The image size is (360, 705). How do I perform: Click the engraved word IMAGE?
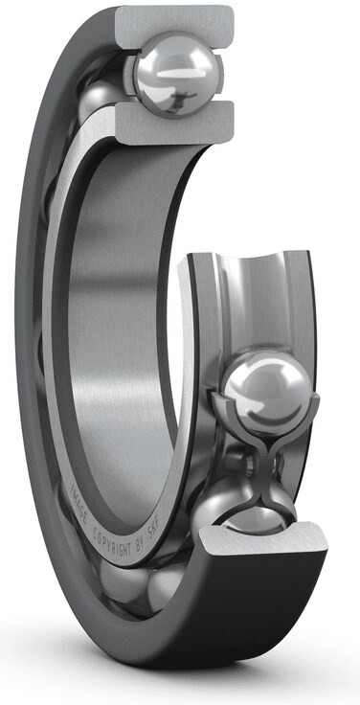(79, 498)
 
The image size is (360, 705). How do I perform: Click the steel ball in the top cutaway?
(176, 75)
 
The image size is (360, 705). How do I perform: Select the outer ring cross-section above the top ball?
(175, 26)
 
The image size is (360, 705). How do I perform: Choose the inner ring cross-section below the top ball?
(175, 123)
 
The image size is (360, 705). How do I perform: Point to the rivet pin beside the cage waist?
(245, 466)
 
